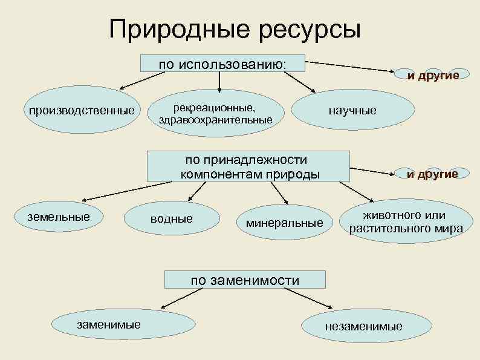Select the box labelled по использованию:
click(222, 65)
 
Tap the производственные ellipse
click(79, 111)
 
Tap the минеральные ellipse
click(284, 222)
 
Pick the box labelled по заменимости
click(245, 280)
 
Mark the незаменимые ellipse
click(363, 326)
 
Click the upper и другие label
click(433, 75)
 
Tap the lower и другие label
click(432, 174)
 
